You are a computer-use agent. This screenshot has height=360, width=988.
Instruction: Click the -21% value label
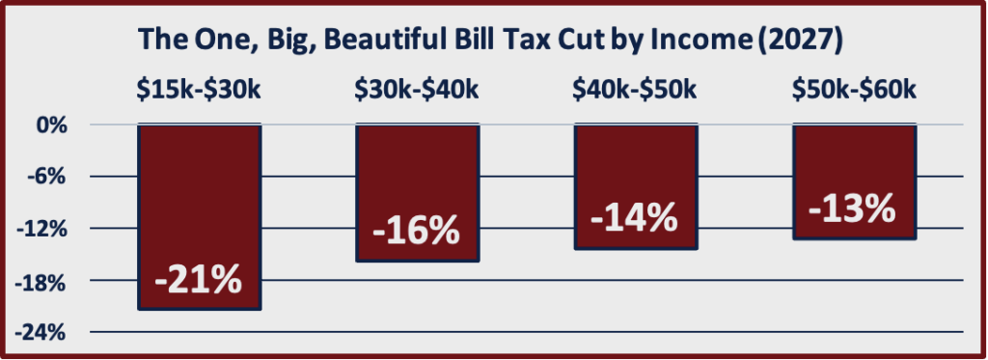click(x=198, y=279)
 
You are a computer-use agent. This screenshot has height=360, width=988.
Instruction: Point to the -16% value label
click(x=417, y=233)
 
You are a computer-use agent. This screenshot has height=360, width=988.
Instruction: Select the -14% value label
click(x=634, y=218)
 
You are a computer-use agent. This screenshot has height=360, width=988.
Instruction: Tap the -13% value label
click(x=853, y=208)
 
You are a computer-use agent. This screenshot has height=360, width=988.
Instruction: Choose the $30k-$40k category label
click(x=417, y=92)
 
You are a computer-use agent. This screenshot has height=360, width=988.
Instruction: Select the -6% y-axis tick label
click(x=51, y=177)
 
